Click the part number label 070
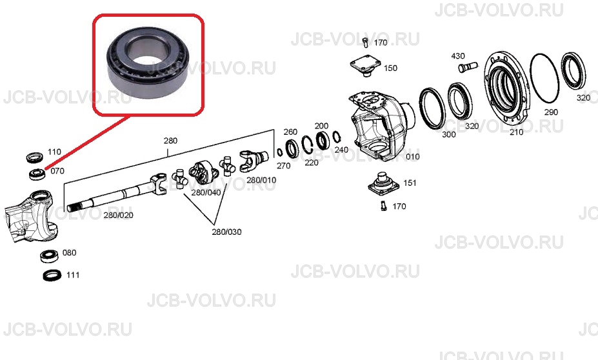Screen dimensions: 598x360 [57, 171]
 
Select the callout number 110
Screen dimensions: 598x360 [55, 152]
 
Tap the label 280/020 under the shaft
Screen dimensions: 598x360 [119, 215]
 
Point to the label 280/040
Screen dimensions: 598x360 [206, 193]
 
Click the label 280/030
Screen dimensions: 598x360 [226, 232]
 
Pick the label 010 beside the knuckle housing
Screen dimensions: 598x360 [413, 157]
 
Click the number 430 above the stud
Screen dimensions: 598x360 [458, 56]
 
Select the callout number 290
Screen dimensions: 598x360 [551, 112]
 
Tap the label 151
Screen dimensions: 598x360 [410, 183]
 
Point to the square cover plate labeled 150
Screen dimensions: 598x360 [366, 65]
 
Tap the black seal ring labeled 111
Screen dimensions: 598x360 [52, 275]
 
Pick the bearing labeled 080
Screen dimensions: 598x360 [49, 255]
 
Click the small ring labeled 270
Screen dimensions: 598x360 [280, 152]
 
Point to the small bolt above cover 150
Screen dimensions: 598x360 [366, 43]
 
